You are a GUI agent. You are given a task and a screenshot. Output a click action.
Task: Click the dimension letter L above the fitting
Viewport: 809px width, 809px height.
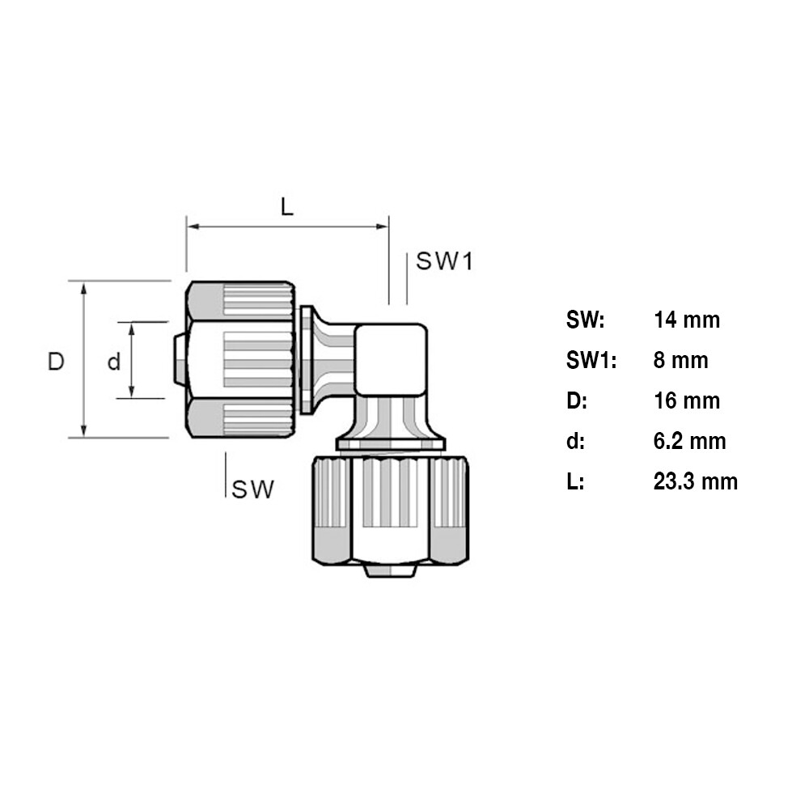287,207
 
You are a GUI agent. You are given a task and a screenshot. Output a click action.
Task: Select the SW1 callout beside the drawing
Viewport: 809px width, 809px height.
443,261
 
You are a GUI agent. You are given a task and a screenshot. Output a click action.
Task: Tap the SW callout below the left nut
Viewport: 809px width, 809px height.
253,489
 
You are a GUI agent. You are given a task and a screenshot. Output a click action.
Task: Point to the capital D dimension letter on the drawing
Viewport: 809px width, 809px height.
55,361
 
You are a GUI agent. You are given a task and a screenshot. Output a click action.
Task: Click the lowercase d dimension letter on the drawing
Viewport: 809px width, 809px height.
114,361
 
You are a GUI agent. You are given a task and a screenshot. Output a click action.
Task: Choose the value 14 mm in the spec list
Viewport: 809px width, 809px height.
686,320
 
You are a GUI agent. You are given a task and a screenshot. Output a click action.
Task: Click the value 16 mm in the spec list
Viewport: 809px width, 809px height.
686,400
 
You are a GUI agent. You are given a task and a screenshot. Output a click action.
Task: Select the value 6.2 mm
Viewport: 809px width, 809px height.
689,441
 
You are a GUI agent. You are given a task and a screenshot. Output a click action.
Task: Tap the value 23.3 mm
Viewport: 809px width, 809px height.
695,481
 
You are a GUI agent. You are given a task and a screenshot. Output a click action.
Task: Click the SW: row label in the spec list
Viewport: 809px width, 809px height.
585,320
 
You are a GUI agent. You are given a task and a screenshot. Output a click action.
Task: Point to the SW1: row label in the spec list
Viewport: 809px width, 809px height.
591,360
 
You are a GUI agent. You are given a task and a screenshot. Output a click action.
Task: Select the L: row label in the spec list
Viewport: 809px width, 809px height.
575,481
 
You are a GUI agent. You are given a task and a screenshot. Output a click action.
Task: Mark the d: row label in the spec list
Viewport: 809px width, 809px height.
575,441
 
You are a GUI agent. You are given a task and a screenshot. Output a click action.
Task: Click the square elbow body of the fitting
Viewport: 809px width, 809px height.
390,359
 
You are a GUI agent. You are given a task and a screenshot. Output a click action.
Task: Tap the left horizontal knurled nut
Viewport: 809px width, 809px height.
240,360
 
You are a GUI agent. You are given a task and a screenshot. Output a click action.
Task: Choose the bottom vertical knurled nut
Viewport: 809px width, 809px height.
390,510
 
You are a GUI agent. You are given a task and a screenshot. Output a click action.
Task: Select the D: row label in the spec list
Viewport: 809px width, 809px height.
577,400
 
